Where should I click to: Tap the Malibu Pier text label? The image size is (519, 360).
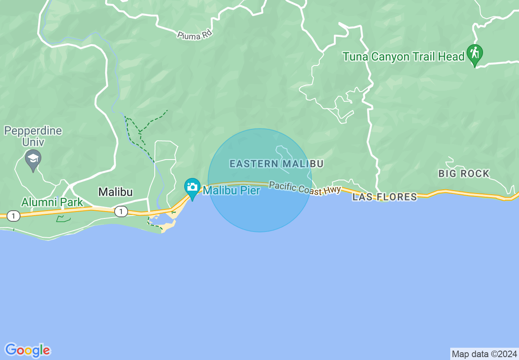tap(231, 190)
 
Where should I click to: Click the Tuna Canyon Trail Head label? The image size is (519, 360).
tap(403, 56)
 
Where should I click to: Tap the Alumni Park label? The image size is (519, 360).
tap(52, 202)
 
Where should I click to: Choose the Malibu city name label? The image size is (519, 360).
tap(115, 192)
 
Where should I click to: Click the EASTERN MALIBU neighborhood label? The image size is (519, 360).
tap(276, 164)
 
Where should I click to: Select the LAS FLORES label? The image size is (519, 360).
tap(385, 197)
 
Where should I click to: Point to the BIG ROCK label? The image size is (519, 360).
tap(464, 173)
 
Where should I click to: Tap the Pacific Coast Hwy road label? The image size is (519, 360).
tap(305, 188)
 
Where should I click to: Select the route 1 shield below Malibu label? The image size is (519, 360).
tap(120, 211)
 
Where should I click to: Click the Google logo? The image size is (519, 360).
tap(27, 350)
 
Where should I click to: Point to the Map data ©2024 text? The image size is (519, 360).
tap(484, 354)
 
